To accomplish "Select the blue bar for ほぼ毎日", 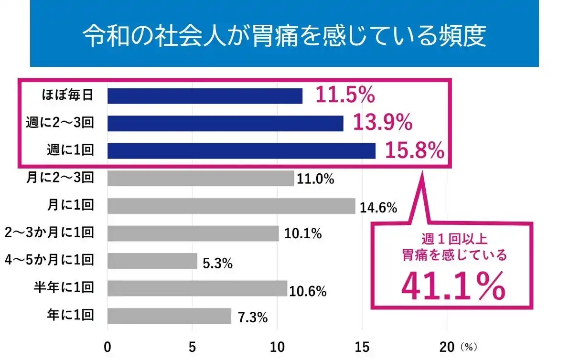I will click(x=204, y=96).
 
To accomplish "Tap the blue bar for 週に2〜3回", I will click(x=225, y=124).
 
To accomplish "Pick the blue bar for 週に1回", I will click(x=241, y=151).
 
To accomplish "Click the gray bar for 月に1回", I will click(x=231, y=206).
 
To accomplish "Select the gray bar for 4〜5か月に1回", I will click(x=152, y=261).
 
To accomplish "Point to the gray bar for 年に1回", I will click(x=169, y=316).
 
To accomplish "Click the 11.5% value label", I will click(x=345, y=95).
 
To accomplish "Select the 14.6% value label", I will click(x=378, y=208).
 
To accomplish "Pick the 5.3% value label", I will click(x=217, y=263).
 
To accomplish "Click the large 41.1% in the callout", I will click(x=452, y=285).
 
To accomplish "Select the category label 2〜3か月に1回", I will click(x=49, y=233).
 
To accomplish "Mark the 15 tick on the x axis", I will click(x=362, y=346).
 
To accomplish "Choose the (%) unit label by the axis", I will click(x=469, y=346).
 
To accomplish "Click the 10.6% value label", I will click(x=308, y=291).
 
